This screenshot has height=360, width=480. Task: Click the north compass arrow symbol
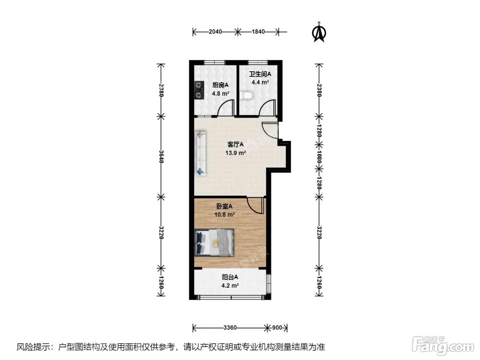pyautogui.click(x=319, y=33)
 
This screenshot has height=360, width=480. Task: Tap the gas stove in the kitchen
pyautogui.click(x=199, y=90)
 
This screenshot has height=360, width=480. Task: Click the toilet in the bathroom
pyautogui.click(x=246, y=95)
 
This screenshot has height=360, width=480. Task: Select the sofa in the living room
pyautogui.click(x=201, y=154)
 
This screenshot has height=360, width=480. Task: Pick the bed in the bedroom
pyautogui.click(x=214, y=243)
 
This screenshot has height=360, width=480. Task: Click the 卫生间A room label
pyautogui.click(x=260, y=74)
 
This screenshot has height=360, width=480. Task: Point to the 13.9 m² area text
pyautogui.click(x=236, y=153)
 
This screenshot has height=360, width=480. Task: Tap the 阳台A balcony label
pyautogui.click(x=230, y=277)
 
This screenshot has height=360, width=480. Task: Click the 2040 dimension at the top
pyautogui.click(x=215, y=32)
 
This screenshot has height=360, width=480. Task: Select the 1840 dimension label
pyautogui.click(x=258, y=32)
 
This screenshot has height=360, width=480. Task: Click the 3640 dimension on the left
pyautogui.click(x=161, y=156)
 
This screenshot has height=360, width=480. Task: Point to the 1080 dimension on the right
pyautogui.click(x=319, y=157)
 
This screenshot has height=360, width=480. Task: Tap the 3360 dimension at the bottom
pyautogui.click(x=230, y=328)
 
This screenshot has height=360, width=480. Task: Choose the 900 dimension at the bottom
pyautogui.click(x=277, y=328)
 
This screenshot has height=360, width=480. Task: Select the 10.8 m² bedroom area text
pyautogui.click(x=225, y=214)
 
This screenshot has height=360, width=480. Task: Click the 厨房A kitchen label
pyautogui.click(x=220, y=85)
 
